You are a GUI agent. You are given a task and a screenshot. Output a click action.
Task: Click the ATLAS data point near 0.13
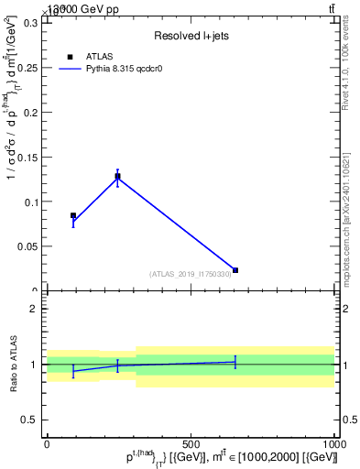click(117, 176)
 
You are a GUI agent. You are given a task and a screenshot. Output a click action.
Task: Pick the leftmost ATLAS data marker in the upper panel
click(73, 216)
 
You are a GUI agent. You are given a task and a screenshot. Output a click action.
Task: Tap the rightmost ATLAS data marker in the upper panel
click(235, 270)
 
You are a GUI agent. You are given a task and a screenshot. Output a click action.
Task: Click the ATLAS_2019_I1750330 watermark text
click(191, 274)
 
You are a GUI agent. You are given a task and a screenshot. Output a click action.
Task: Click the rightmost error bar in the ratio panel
click(235, 362)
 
